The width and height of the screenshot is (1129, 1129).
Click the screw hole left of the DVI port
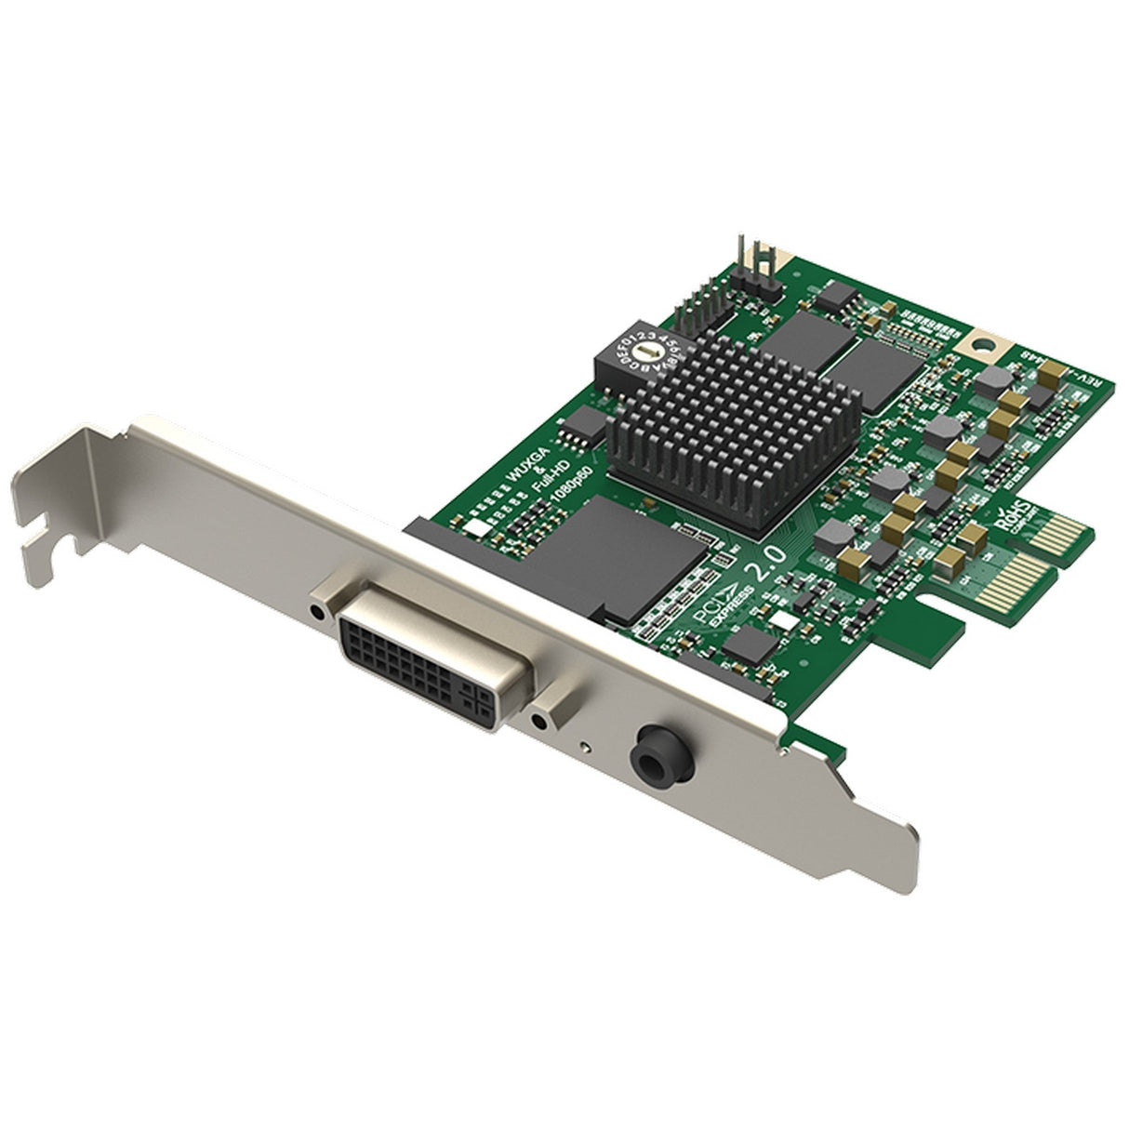click(320, 613)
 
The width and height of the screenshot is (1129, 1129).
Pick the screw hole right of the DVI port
click(538, 720)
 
